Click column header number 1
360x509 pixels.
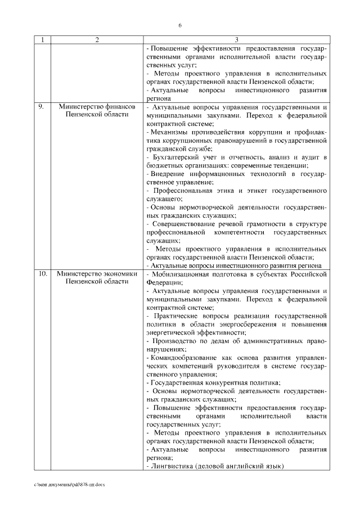tap(43, 40)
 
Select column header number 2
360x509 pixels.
tap(97, 40)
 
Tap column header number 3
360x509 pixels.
tap(236, 40)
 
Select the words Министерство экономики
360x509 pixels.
tap(97, 274)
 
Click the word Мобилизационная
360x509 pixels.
tap(181, 274)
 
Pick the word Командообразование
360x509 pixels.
tap(181, 358)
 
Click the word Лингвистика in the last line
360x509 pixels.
tap(170, 466)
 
